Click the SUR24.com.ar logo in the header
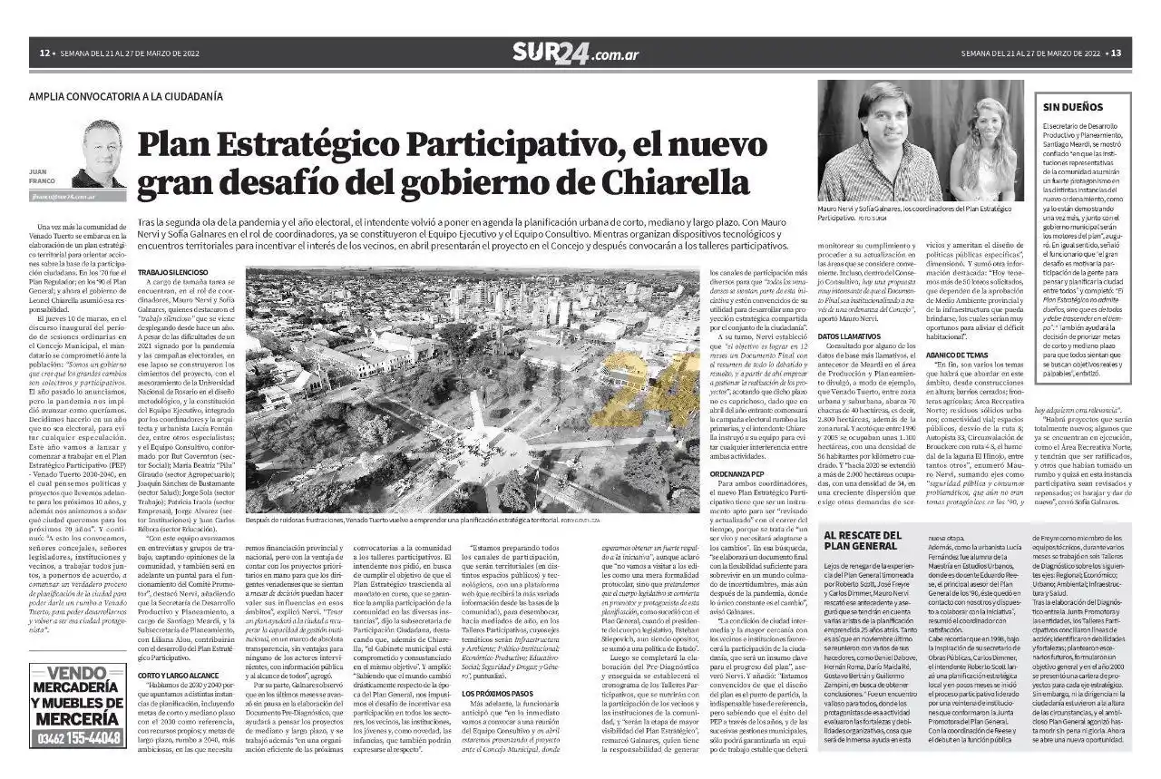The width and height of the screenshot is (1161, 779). point(575,53)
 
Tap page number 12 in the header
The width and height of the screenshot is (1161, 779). point(43,53)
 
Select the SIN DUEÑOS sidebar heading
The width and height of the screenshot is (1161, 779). point(1073,107)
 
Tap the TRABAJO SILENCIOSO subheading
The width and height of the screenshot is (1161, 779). point(172,272)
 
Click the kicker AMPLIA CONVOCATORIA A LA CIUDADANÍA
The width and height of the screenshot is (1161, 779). point(125,96)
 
